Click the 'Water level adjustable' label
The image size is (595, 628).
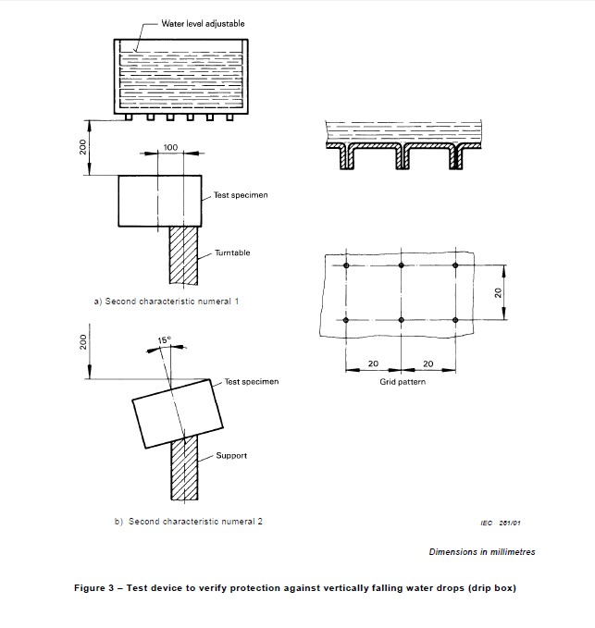(192, 22)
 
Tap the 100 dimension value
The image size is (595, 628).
(170, 148)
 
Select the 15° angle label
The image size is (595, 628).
(164, 340)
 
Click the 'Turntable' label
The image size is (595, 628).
(232, 252)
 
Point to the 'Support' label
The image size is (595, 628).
(230, 456)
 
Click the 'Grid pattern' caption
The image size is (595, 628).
(403, 382)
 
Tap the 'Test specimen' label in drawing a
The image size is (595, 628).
(241, 195)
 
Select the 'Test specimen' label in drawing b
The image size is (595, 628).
(251, 381)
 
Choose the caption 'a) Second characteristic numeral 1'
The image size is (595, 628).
(167, 302)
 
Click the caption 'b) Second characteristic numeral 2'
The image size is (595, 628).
(189, 522)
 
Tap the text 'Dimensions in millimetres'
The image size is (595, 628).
(481, 552)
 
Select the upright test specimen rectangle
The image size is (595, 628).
(160, 201)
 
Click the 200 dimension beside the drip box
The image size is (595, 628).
(82, 147)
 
